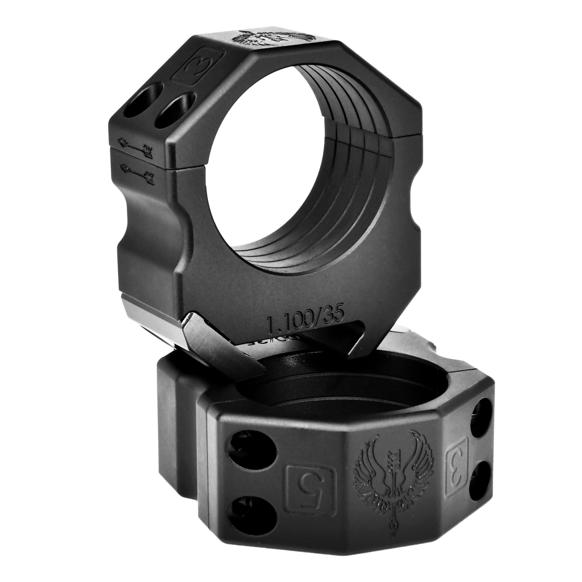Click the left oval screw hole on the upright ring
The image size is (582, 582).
click(x=146, y=94)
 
